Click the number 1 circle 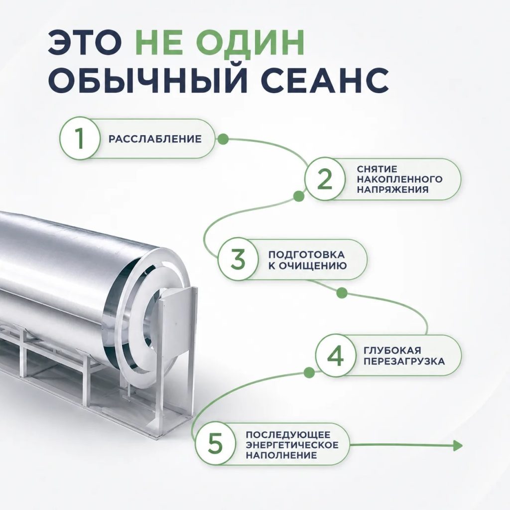(x=80, y=138)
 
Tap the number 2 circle (x=325, y=179)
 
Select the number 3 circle (x=238, y=259)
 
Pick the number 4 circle (x=335, y=355)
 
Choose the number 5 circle (x=215, y=444)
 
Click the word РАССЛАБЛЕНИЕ (x=155, y=139)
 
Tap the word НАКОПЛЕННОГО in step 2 (x=399, y=179)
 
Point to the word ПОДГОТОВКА (x=306, y=255)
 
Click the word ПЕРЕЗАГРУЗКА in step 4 (x=404, y=361)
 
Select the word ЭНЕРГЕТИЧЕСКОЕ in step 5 (x=292, y=445)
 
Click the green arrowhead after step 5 (x=457, y=445)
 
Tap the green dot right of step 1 (x=223, y=139)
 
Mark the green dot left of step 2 (x=299, y=196)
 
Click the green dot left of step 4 (x=309, y=372)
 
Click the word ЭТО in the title (x=85, y=43)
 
